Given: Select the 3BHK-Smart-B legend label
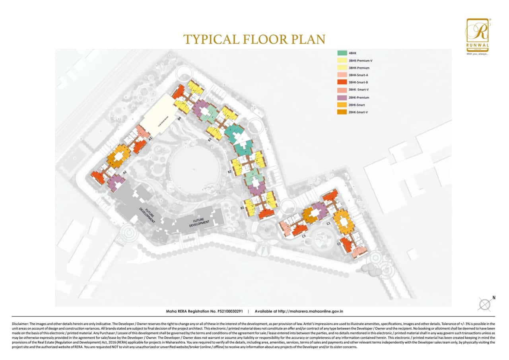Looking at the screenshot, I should pos(358,82).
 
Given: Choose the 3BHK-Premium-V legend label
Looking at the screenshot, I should pos(360,60).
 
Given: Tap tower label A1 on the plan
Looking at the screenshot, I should pos(151,139).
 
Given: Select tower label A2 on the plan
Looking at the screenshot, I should pos(124,172).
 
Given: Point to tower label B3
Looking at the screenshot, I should pos(210,140).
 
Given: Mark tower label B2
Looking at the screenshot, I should pos(229,172).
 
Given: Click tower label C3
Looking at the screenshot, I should pos(303,236).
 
